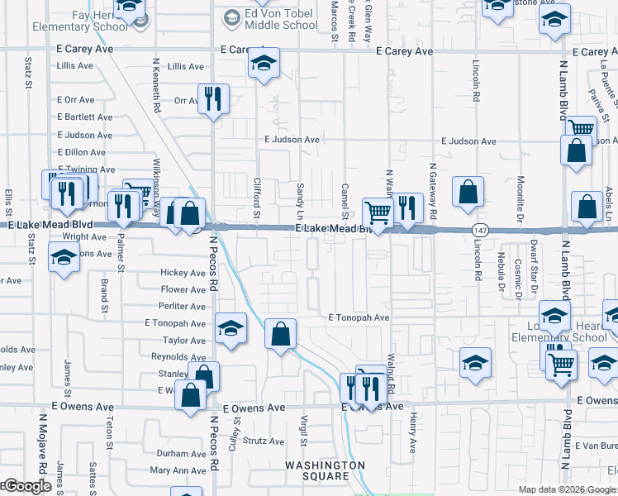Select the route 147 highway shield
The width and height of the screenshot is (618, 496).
coord(478,228)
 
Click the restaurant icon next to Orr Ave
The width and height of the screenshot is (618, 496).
coord(213,99)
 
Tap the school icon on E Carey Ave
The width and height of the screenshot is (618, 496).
coord(264,63)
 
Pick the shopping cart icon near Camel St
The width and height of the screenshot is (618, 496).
coord(378,212)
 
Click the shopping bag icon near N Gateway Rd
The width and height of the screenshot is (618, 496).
coord(468,192)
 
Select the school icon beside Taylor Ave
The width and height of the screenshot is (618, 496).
coord(231,327)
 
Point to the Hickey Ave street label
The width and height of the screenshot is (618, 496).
coord(183,273)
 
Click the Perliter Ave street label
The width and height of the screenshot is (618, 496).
coord(183,305)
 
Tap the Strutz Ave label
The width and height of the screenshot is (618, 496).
coord(264,441)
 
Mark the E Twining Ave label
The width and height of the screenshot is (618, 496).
coord(86,169)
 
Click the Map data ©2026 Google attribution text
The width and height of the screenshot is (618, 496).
coord(567,489)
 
